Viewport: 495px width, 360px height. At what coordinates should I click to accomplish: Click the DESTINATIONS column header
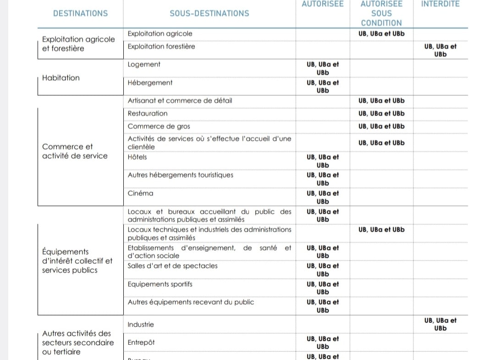(x=80, y=13)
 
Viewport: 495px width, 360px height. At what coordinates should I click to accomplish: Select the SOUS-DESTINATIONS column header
(x=209, y=13)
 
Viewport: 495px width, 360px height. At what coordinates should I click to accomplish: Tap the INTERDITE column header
(x=440, y=4)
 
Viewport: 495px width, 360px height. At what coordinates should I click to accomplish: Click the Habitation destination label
(x=61, y=78)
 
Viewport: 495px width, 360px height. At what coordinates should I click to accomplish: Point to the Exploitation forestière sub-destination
(x=161, y=46)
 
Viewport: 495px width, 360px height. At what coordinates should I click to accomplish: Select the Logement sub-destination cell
(x=144, y=65)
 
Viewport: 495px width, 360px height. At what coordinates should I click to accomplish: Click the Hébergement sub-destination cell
(x=150, y=83)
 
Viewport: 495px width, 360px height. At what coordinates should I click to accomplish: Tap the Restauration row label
(x=148, y=113)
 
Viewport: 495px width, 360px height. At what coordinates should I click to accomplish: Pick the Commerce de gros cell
(x=159, y=126)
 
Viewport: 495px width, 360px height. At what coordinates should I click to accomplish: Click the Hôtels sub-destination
(x=137, y=157)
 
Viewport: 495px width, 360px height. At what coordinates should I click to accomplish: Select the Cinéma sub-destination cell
(x=141, y=193)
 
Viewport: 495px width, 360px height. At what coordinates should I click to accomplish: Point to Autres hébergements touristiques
(x=181, y=175)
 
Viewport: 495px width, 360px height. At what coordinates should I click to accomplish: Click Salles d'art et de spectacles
(x=173, y=266)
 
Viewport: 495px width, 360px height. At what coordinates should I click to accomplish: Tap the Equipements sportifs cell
(x=160, y=284)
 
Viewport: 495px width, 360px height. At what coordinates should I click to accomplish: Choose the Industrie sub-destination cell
(x=141, y=324)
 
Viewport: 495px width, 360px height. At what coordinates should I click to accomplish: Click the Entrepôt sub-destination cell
(x=141, y=343)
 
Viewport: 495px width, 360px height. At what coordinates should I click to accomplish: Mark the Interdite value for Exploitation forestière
(x=440, y=50)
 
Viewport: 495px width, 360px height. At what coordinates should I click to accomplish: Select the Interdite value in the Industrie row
(x=440, y=324)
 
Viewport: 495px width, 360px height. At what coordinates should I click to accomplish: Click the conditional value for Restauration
(x=381, y=113)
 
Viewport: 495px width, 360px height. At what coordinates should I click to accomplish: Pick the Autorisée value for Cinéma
(x=323, y=197)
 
